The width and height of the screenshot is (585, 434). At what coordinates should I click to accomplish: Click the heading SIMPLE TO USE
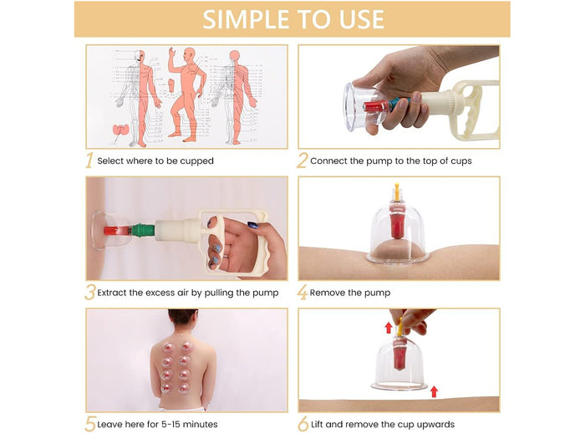click(x=292, y=19)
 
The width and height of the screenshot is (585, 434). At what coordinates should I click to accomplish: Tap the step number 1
click(x=89, y=161)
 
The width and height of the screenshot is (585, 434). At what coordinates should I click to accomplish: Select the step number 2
click(x=303, y=161)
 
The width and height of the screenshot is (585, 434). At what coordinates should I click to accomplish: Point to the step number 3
click(x=89, y=293)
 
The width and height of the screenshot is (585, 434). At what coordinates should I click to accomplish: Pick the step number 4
click(x=303, y=293)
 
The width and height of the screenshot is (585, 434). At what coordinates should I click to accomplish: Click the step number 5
click(x=89, y=424)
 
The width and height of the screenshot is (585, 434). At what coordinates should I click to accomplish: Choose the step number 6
click(x=303, y=424)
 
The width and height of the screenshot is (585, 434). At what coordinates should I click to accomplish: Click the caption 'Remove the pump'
click(x=350, y=294)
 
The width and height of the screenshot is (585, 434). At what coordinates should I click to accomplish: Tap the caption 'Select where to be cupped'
click(x=155, y=161)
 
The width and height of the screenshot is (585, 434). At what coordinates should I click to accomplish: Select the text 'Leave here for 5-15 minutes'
click(x=157, y=425)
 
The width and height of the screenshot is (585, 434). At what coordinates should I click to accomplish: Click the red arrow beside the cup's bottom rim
click(x=433, y=391)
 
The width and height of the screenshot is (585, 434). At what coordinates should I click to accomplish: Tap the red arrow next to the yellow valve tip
click(x=388, y=327)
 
